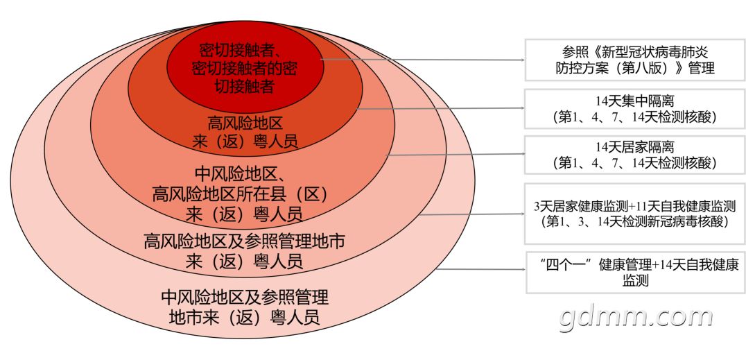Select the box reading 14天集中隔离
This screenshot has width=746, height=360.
634,108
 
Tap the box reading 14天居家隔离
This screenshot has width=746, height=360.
634,155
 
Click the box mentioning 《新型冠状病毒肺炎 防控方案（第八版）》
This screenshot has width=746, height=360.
635,60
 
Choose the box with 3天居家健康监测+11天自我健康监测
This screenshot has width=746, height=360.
634,214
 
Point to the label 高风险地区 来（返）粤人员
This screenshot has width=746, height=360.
245,133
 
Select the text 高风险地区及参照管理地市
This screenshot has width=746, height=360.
243,242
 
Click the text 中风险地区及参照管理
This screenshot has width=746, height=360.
245,297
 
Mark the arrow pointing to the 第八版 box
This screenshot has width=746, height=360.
423,60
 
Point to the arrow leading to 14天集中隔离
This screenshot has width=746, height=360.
440,109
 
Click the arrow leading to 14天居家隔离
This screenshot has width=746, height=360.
455,154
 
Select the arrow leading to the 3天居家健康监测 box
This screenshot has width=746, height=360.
472,214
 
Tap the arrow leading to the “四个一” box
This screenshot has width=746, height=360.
480,270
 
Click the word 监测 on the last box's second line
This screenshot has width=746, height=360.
636,281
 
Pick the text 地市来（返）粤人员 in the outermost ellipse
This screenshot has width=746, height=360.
244,317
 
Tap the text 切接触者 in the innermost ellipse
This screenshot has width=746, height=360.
244,86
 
